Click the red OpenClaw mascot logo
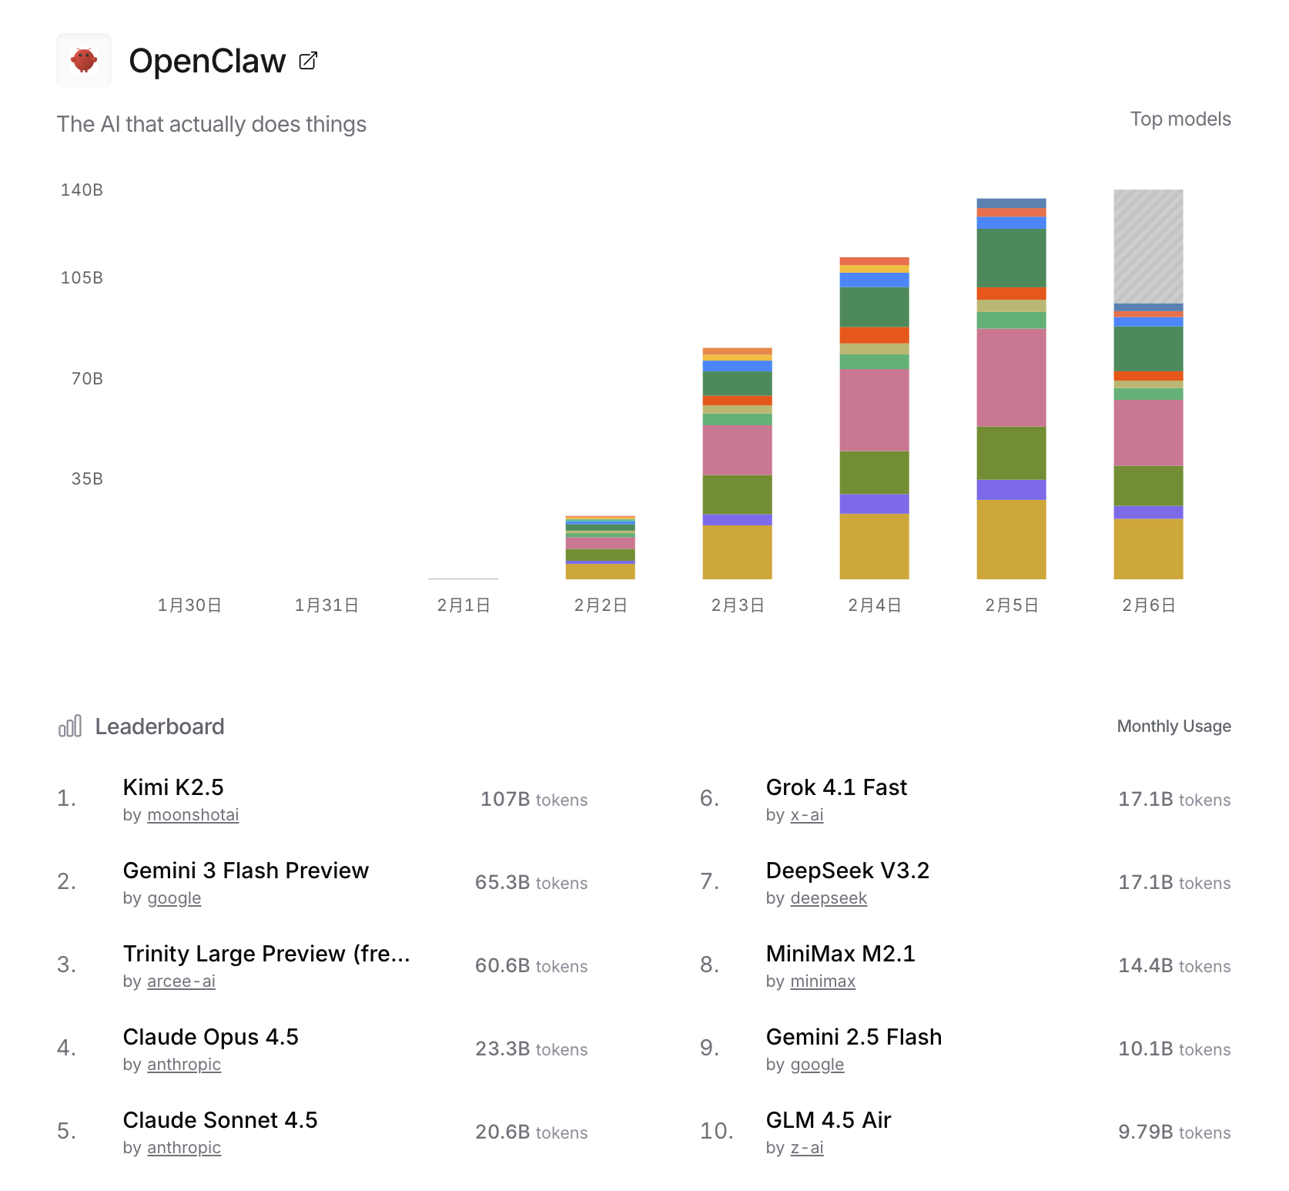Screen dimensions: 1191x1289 [x=84, y=60]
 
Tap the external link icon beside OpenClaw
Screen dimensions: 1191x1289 [x=308, y=61]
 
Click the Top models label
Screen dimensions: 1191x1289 [x=1180, y=119]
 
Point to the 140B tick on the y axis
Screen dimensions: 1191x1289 [x=82, y=190]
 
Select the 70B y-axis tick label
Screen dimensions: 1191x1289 [x=87, y=379]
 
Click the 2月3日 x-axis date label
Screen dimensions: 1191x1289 [x=737, y=606]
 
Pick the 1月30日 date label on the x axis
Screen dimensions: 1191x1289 [x=189, y=606]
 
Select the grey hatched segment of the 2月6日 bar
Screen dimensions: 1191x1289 [x=1148, y=247]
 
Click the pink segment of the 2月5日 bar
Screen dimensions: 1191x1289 [x=1011, y=377]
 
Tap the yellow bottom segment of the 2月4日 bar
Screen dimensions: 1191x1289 [x=874, y=546]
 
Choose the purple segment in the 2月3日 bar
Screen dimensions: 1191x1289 [x=737, y=520]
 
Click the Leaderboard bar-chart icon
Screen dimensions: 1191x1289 [x=70, y=726]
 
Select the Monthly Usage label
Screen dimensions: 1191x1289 [x=1173, y=726]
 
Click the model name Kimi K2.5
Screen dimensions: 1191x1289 [x=173, y=787]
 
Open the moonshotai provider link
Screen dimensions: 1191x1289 [x=193, y=815]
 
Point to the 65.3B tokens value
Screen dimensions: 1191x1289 [x=531, y=883]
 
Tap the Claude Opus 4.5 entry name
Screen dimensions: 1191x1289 [x=210, y=1037]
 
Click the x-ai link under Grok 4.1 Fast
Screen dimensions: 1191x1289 [x=806, y=815]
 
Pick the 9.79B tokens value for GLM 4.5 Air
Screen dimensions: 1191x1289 [x=1173, y=1132]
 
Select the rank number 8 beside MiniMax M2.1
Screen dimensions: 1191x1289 [x=708, y=965]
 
